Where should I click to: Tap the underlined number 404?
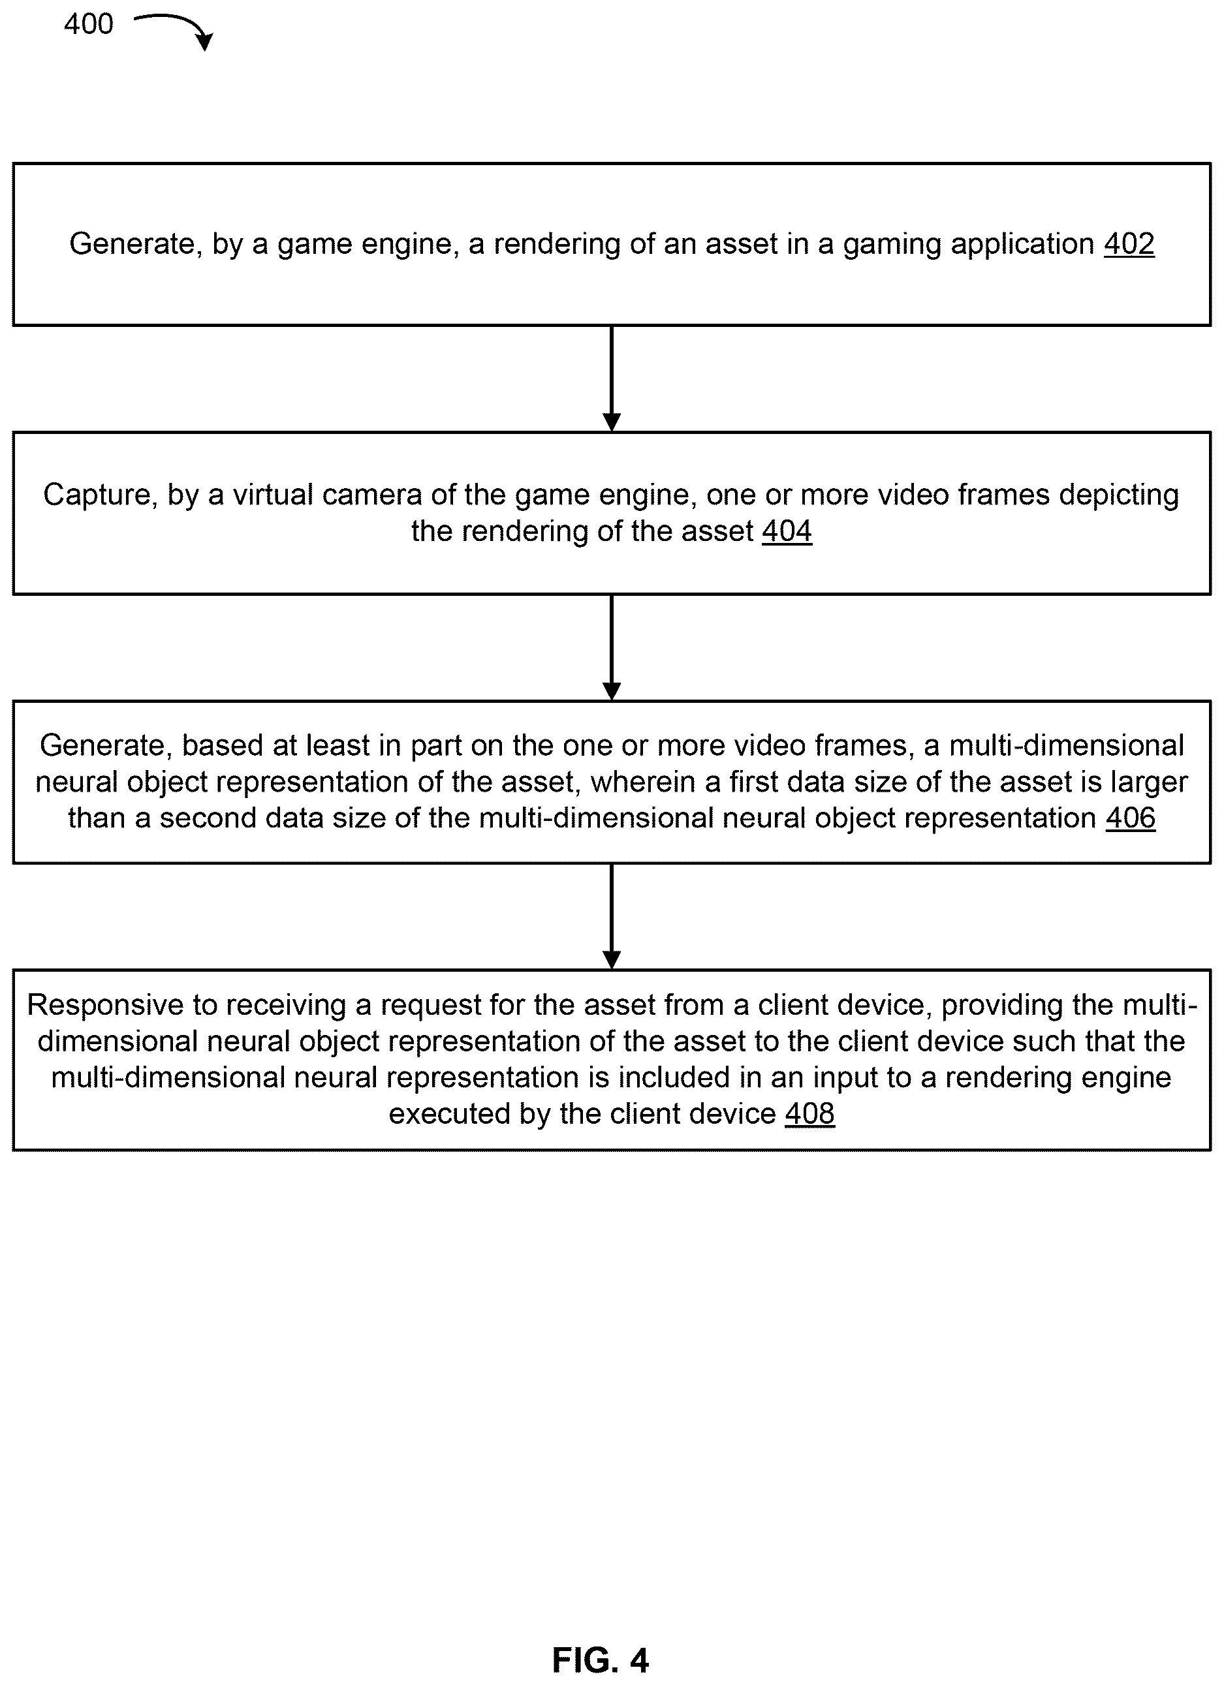[787, 531]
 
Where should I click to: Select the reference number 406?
[1131, 818]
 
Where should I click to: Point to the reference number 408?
[810, 1115]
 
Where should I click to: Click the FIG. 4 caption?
[601, 1660]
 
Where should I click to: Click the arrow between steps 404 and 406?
[612, 648]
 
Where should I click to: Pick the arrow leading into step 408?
[612, 917]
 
